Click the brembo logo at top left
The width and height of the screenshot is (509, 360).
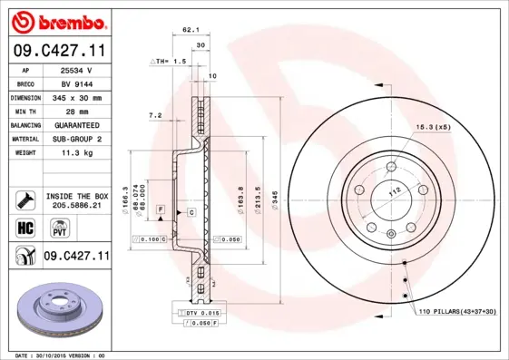[55, 20]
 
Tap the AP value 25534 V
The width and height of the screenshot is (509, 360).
[76, 70]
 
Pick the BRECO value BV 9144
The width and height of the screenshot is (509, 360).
[76, 83]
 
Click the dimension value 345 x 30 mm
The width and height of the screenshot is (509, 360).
[76, 97]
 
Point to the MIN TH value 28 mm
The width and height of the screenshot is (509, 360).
[76, 111]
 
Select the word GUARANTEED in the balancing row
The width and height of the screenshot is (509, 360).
[76, 124]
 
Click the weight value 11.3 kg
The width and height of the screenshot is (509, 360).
[76, 153]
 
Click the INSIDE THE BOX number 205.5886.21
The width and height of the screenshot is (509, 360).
[76, 206]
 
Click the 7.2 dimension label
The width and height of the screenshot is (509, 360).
[154, 115]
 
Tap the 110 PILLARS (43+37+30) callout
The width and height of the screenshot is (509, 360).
[457, 312]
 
